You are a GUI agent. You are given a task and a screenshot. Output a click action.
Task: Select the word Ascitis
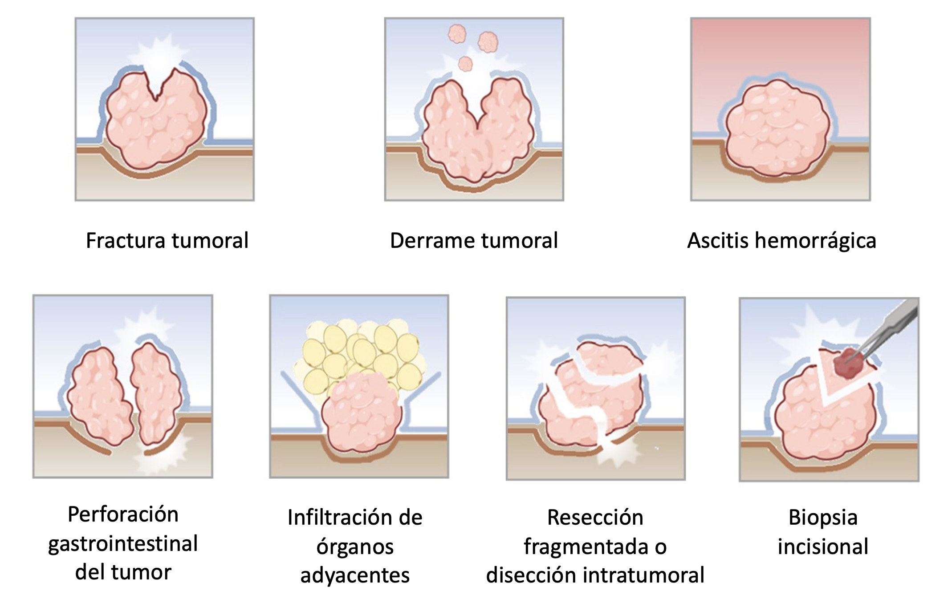[x=717, y=241]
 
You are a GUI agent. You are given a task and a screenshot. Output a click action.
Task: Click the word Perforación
[x=123, y=515]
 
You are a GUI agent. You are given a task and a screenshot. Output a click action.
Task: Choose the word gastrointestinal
[x=123, y=544]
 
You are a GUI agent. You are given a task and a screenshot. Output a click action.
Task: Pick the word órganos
[x=355, y=546]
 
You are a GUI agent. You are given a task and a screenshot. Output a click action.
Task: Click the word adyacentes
[x=355, y=575]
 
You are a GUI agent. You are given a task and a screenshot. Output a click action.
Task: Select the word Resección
[x=595, y=518]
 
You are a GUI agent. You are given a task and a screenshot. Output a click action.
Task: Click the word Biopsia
[x=823, y=518]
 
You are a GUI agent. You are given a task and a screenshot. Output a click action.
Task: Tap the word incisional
[x=823, y=546]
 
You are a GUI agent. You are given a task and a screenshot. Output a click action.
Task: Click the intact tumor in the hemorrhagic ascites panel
[x=777, y=129]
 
